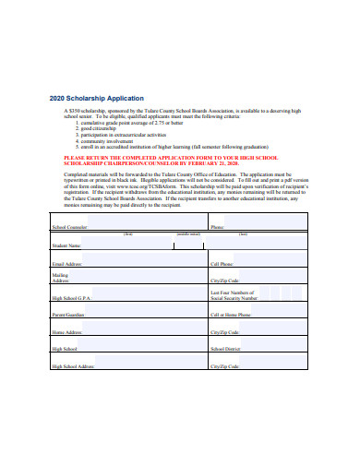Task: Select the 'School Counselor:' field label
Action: (x=70, y=227)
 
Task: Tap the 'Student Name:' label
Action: (x=66, y=245)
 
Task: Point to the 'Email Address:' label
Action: (x=67, y=264)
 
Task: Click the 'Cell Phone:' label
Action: (x=221, y=264)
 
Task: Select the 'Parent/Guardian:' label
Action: (x=68, y=315)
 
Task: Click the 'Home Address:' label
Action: (x=66, y=332)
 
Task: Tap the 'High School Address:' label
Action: (x=73, y=366)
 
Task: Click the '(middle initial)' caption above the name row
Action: (x=188, y=234)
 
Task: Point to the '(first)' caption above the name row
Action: (x=127, y=234)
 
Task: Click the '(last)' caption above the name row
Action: (x=243, y=234)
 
